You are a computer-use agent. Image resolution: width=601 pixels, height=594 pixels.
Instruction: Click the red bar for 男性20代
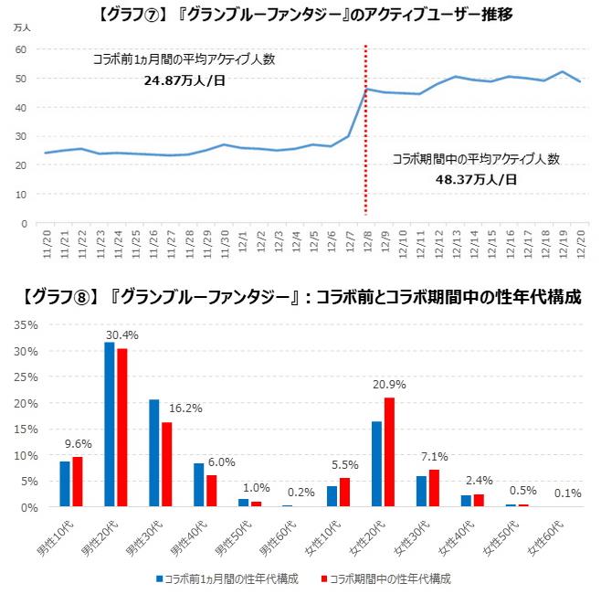tap(121, 427)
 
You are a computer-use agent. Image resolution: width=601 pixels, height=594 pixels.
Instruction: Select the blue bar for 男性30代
tap(154, 452)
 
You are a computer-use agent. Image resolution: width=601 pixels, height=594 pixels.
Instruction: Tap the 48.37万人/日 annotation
tap(476, 179)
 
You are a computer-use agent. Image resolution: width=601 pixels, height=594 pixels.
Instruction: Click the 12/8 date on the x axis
tap(366, 244)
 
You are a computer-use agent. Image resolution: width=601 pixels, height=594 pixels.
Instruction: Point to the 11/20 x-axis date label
tap(47, 244)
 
